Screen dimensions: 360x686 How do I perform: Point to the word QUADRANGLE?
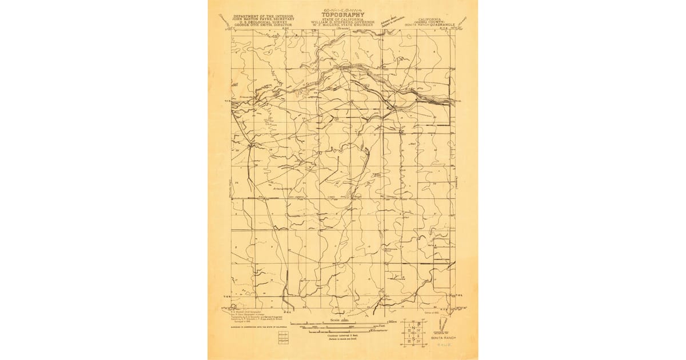443,26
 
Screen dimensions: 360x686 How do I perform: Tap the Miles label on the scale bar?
376,321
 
